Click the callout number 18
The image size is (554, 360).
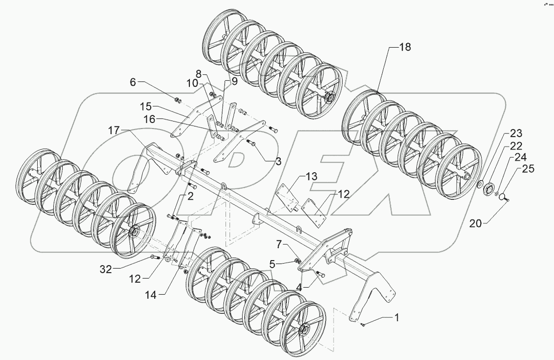pos(405,47)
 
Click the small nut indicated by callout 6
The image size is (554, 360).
pos(178,98)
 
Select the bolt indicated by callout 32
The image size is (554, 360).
pos(153,258)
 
